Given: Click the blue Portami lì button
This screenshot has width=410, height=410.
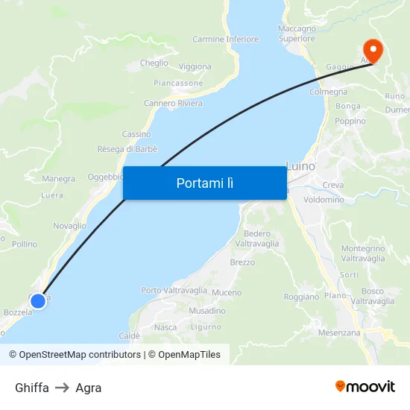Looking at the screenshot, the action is [204, 183].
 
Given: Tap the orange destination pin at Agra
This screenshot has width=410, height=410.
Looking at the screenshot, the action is [370, 50].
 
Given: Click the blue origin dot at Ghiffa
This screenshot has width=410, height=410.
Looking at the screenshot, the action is [38, 300].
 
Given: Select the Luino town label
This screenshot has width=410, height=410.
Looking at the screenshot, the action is [301, 165].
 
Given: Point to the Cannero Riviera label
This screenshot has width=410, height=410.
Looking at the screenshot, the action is [173, 103].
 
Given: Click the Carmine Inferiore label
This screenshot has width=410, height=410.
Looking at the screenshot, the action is [225, 39].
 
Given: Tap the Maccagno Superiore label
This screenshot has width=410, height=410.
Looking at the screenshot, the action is [297, 34].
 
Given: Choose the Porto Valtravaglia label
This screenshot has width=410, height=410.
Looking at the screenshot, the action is [174, 290].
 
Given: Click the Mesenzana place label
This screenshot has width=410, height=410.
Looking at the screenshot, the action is [338, 332].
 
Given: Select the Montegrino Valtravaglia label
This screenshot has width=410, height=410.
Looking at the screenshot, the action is [362, 253].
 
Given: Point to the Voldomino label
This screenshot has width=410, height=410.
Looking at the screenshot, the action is [324, 200].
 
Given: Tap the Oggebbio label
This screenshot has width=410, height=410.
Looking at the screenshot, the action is [105, 177].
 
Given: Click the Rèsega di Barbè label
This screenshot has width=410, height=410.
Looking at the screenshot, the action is [127, 149].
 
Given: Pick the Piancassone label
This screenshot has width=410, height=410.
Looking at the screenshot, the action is [178, 83].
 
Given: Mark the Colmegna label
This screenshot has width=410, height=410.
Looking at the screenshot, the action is [328, 92].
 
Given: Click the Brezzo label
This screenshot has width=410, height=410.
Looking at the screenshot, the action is [242, 262].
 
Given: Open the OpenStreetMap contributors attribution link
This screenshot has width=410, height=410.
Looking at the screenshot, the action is [80, 355].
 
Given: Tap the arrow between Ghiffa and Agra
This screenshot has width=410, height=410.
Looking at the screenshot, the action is [62, 388].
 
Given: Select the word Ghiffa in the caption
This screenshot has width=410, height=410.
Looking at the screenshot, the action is [32, 388].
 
